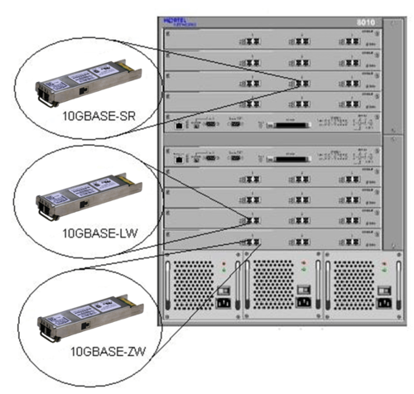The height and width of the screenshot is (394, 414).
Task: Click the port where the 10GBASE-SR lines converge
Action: click(301, 81)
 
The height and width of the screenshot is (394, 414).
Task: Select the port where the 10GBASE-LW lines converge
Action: click(246, 220)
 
